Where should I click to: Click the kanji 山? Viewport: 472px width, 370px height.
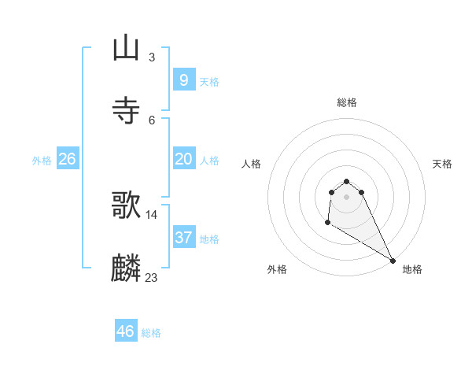click(126, 48)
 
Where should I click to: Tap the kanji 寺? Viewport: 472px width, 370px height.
click(126, 110)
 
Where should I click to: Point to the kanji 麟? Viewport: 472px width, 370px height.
click(126, 268)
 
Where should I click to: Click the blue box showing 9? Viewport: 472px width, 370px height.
click(183, 80)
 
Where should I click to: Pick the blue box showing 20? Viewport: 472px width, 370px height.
click(183, 158)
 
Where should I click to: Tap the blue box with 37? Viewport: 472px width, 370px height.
click(183, 237)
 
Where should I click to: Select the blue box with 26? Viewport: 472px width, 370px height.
click(67, 158)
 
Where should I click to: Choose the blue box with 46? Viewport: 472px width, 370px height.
click(125, 331)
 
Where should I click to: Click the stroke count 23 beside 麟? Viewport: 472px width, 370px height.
click(151, 277)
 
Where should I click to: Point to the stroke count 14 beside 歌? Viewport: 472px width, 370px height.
click(151, 214)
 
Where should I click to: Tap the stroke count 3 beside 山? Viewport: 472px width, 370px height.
click(151, 57)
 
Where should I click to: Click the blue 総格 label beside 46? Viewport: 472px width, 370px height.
click(151, 333)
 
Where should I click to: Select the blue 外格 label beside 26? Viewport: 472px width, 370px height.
click(42, 160)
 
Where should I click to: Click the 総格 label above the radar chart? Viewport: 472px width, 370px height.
click(346, 102)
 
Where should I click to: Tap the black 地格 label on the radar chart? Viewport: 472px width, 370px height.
click(412, 269)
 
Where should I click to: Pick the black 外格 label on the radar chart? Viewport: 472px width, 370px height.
click(277, 269)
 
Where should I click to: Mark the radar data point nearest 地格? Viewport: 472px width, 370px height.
click(393, 261)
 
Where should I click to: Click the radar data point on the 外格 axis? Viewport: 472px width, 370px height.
click(327, 223)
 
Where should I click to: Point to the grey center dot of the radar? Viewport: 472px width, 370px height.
click(346, 197)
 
